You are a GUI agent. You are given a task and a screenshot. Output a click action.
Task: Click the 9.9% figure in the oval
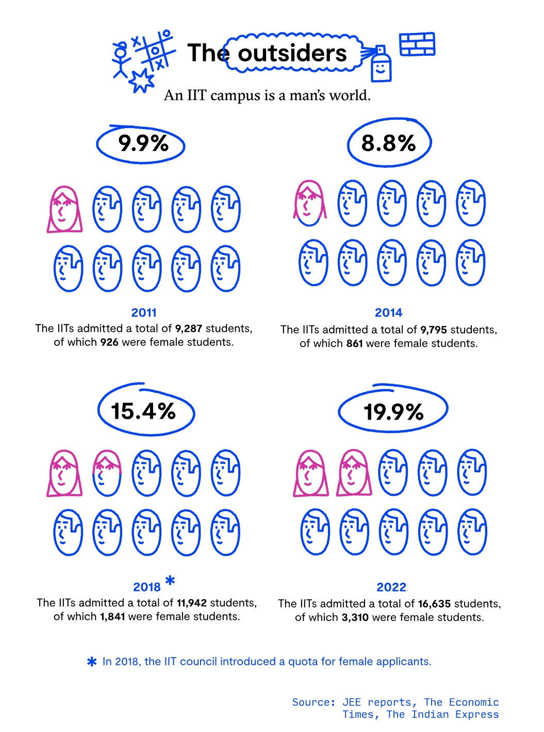pyautogui.click(x=143, y=143)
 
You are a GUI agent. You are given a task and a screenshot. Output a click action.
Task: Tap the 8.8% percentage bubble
pyautogui.click(x=388, y=143)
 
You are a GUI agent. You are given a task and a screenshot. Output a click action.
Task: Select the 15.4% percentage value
pyautogui.click(x=143, y=411)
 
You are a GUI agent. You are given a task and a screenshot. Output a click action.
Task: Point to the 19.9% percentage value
pyautogui.click(x=393, y=412)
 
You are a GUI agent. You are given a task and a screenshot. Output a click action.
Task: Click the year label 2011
pyautogui.click(x=144, y=312)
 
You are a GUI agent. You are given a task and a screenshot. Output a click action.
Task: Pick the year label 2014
pyautogui.click(x=388, y=312)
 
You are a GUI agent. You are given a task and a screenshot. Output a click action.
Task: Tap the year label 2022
pyautogui.click(x=391, y=587)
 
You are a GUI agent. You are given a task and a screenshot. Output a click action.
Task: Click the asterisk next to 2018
pyautogui.click(x=170, y=581)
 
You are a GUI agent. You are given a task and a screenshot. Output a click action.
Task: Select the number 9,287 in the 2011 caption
pyautogui.click(x=189, y=328)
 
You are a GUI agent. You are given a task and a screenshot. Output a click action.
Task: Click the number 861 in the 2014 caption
pyautogui.click(x=355, y=343)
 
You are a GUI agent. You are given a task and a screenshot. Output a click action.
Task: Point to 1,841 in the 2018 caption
pyautogui.click(x=112, y=616)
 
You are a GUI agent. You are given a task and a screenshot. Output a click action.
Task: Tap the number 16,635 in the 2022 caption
pyautogui.click(x=434, y=603)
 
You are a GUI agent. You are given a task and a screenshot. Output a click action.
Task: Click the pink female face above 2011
pyautogui.click(x=64, y=210)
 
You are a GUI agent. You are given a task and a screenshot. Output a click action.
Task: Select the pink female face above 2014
pyautogui.click(x=310, y=203)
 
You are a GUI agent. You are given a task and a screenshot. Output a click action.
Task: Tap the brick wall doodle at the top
pyautogui.click(x=417, y=44)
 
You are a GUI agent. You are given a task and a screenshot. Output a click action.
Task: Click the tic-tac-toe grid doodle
pyautogui.click(x=156, y=51)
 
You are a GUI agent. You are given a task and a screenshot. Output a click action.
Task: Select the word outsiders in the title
pyautogui.click(x=292, y=53)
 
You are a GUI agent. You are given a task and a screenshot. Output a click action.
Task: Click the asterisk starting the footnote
pyautogui.click(x=92, y=662)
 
